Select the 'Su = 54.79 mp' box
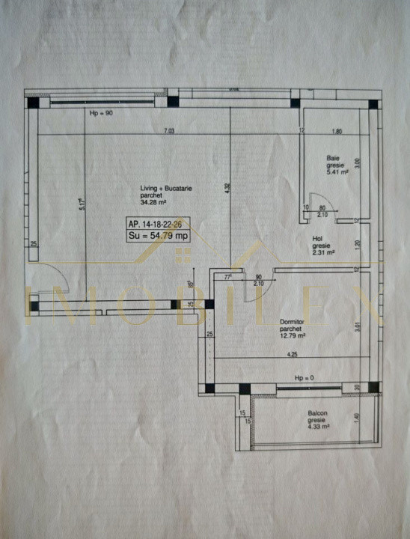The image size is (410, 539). pos(159,236)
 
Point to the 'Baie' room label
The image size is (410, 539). pos(331,158)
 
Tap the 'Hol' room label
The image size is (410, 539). pos(317,240)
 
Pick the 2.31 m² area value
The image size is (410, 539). pos(323,253)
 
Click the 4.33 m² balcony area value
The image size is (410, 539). pos(319,427)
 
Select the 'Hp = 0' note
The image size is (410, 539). pos(302,378)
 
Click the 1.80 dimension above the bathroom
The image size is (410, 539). pos(336,132)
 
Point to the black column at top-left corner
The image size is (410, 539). pos(34,103)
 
